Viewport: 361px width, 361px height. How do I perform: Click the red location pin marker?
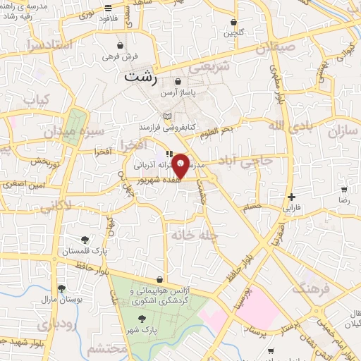pyautogui.click(x=181, y=166)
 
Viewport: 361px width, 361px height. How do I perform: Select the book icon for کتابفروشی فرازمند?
pyautogui.click(x=167, y=116)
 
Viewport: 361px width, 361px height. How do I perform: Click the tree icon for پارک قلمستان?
pyautogui.click(x=85, y=240)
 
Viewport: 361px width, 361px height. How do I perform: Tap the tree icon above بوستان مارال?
pyautogui.click(x=62, y=288)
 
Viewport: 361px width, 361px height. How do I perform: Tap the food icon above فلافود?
pyautogui.click(x=107, y=8)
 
